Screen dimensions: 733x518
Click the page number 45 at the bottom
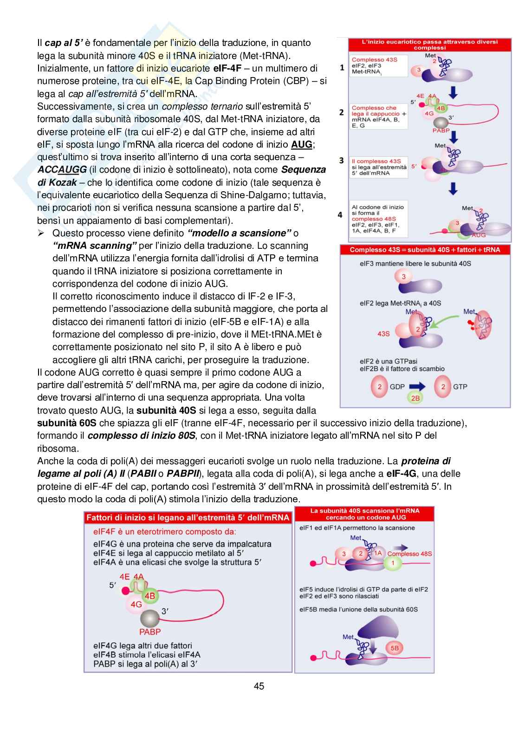pos(259,686)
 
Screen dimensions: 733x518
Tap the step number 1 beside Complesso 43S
pos(342,67)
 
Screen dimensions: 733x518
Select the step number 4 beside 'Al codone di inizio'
pos(340,214)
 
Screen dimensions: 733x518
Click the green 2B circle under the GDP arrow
pos(415,398)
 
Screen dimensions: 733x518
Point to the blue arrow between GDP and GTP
pos(417,386)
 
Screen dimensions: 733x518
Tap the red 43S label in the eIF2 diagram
pos(383,333)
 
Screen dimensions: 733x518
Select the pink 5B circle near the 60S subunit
pos(395,648)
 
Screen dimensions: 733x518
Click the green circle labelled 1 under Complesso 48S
pos(393,563)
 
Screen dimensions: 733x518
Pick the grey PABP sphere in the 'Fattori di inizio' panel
pos(150,619)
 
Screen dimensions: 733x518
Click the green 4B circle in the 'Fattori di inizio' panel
pos(150,596)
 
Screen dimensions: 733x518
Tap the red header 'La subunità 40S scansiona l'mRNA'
pos(365,514)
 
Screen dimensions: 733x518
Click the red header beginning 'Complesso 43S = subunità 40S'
pos(425,250)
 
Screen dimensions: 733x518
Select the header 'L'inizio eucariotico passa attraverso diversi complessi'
pos(429,45)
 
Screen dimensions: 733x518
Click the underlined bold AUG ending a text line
pos(302,144)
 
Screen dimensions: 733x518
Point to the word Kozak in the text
pos(63,182)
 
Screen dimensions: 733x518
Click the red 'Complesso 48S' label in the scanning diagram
pos(409,553)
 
